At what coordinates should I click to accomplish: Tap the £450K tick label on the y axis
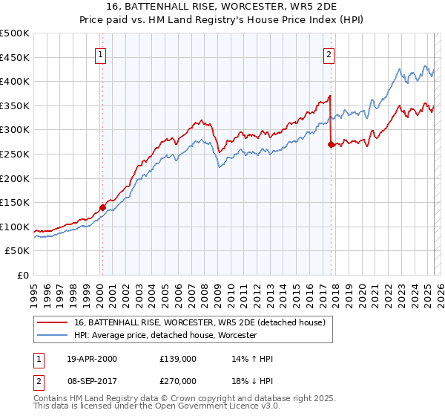coord(15,57)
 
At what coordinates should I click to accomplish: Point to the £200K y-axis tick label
coord(15,178)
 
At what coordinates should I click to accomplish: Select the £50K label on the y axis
coord(17,251)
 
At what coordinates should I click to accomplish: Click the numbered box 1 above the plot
coord(100,53)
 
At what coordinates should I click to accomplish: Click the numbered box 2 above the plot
coord(328,53)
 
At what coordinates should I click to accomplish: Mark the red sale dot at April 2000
coord(102,207)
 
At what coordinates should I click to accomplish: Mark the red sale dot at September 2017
coord(331,145)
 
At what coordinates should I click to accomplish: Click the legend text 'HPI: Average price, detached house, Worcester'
coord(165,335)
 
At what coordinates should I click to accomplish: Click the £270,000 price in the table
coord(177,381)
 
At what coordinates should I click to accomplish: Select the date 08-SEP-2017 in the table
coord(91,381)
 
